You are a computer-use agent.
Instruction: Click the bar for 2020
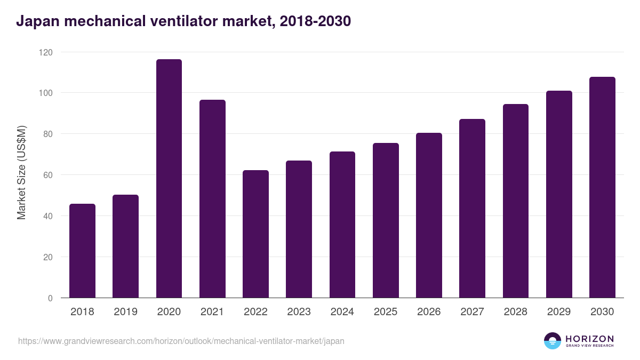(x=169, y=179)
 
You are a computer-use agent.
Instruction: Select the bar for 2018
(x=82, y=251)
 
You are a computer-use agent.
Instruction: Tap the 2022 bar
(x=255, y=234)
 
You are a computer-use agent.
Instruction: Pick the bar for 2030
(x=602, y=187)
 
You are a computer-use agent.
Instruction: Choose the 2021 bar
(x=212, y=199)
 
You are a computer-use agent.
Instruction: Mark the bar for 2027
(x=472, y=209)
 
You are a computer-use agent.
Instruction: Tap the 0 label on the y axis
(x=50, y=298)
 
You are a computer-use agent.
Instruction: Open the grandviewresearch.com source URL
(x=181, y=341)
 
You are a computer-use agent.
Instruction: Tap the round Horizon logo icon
(x=552, y=341)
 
